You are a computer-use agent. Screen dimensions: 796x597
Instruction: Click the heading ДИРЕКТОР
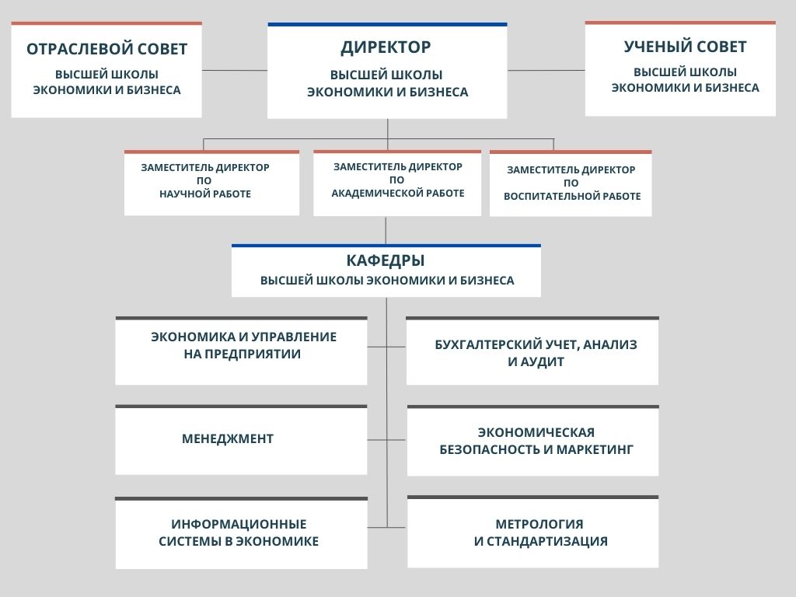pos(386,47)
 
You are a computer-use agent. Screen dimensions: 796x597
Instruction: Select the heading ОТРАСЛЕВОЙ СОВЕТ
pos(107,49)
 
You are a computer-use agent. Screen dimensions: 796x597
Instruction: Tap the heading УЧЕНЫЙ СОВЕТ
pos(686,47)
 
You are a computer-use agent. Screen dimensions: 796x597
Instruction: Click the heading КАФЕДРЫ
pos(386,260)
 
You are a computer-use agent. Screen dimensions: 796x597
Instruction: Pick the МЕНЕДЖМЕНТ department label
pos(228,438)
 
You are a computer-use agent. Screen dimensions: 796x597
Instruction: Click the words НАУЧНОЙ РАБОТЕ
pos(205,194)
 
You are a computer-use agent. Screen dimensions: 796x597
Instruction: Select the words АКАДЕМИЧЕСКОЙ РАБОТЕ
pos(398,193)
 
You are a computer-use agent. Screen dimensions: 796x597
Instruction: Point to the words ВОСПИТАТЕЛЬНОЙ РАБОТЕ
pos(572,196)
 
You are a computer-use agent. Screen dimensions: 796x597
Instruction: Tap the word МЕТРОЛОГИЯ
pos(539,524)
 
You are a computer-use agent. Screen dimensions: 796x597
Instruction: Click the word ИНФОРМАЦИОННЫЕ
pos(239,524)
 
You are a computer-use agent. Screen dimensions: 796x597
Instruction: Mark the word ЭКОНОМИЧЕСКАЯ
pos(536,432)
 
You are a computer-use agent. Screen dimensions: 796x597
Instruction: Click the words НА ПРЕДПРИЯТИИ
pos(243,354)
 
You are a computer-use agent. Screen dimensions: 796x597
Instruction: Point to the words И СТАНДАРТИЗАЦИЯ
pos(541,541)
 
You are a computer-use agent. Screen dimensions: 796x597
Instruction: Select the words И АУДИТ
pos(536,362)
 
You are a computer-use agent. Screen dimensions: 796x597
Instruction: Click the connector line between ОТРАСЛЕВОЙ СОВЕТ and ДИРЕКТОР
pos(235,70)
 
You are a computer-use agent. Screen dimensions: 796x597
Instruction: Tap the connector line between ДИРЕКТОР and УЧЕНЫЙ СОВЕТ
pos(546,70)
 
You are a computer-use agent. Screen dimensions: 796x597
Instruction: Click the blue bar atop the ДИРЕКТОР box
pos(387,24)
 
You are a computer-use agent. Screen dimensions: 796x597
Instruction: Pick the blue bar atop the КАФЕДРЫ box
pos(386,246)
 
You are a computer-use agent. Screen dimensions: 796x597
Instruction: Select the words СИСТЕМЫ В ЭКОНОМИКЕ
pos(239,541)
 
